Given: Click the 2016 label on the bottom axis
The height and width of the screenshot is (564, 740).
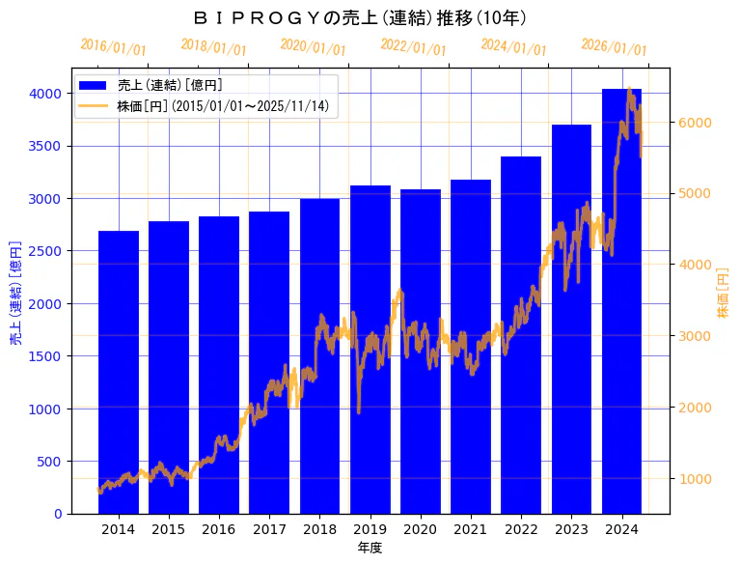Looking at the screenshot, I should click(x=219, y=529).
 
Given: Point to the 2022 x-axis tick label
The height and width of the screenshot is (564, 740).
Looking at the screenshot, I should click(x=521, y=529).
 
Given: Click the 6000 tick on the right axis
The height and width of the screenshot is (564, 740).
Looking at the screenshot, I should click(x=694, y=123).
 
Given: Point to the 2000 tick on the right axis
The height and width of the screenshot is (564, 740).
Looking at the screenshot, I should click(x=694, y=408).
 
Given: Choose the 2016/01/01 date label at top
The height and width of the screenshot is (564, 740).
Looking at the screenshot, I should click(x=113, y=47).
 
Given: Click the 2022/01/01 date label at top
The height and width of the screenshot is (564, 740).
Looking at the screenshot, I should click(x=413, y=47).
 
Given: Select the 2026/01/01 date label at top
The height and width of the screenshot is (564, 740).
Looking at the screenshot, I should click(x=614, y=47).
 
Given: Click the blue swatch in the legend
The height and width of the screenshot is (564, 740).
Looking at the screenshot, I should click(x=95, y=85).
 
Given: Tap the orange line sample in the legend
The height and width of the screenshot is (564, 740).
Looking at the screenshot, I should click(x=95, y=106).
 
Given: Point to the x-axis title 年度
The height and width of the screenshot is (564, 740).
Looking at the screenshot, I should click(x=370, y=548).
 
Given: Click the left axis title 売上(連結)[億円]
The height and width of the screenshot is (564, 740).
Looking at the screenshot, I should click(x=14, y=294).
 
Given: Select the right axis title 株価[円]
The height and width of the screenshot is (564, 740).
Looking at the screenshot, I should click(x=724, y=294).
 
